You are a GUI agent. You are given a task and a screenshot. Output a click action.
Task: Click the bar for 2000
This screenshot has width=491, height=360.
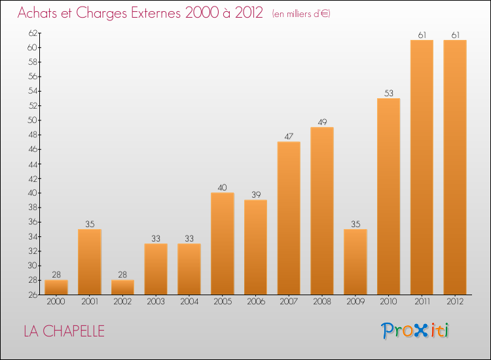coord(56,287)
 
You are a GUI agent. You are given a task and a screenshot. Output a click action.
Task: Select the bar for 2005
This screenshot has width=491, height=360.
coord(223,243)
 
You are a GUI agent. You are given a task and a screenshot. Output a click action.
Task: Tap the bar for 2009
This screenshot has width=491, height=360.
coord(355,262)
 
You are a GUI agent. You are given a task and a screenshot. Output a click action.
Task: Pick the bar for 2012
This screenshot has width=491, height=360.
coord(455,167)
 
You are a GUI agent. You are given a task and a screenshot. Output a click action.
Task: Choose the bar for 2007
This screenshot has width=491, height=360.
coord(289,218)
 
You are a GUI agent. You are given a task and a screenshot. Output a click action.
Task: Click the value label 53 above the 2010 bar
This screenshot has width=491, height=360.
coord(389,93)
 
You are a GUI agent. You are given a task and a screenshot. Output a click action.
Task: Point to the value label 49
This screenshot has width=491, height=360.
coord(322,122)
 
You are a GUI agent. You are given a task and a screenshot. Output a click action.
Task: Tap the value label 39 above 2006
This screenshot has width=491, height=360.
coord(255,194)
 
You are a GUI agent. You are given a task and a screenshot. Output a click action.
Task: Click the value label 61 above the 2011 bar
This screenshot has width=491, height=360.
coord(422,35)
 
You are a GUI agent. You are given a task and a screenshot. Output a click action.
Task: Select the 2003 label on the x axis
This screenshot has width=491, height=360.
coord(156,302)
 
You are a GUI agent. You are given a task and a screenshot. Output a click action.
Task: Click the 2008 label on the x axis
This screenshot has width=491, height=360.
coord(322,302)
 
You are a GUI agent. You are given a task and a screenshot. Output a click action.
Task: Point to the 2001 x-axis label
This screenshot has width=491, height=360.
coord(89,302)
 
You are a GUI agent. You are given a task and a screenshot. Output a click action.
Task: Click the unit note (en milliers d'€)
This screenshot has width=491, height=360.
coord(301,14)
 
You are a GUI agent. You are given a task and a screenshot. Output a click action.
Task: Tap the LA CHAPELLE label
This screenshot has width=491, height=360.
coord(64,331)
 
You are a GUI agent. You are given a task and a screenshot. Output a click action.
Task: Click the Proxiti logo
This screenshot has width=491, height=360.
coord(415,331)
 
